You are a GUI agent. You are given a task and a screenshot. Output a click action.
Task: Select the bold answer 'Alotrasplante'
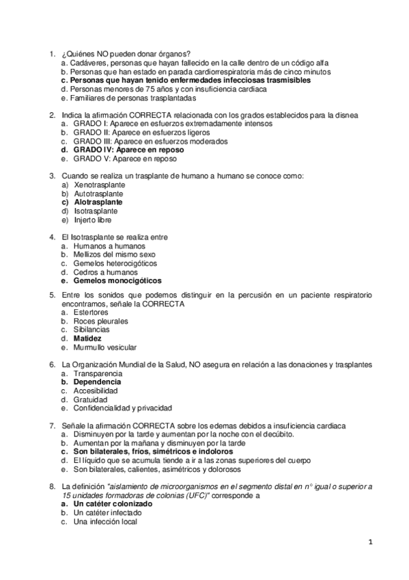(98, 202)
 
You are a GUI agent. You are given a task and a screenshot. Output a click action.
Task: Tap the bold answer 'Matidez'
(88, 338)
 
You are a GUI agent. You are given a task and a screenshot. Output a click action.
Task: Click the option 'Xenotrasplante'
(100, 185)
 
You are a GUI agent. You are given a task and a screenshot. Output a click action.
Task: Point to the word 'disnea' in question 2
(358, 115)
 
